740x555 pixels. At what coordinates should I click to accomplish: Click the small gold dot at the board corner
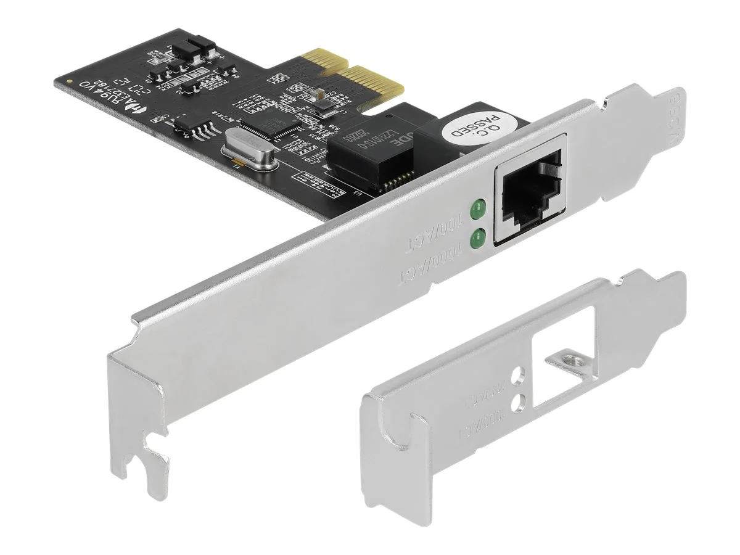pyautogui.click(x=70, y=81)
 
